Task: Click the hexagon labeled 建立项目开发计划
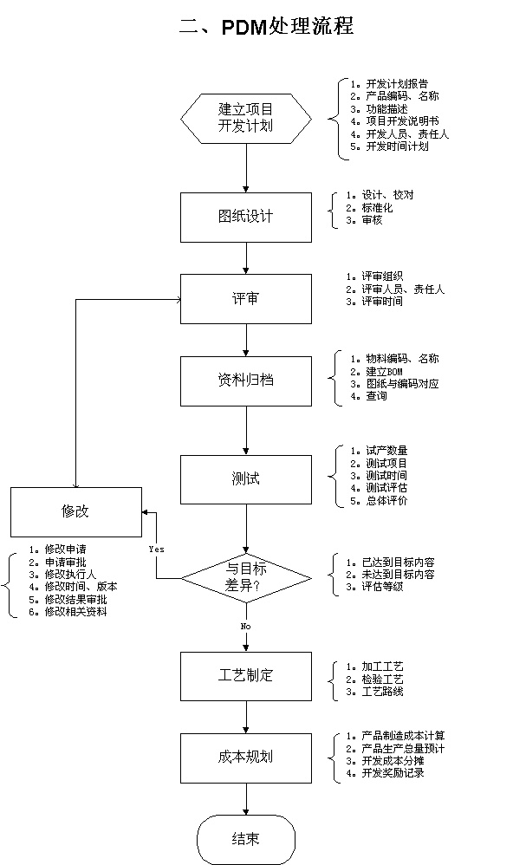(246, 119)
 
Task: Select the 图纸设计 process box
(246, 218)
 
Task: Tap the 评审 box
(246, 299)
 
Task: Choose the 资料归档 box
(246, 381)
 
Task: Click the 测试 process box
(246, 479)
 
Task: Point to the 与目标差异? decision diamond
(246, 578)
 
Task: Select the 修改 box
(76, 512)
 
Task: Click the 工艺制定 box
(246, 676)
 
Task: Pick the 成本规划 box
(246, 758)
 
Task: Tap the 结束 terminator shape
(246, 840)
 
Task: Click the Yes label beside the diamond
(156, 549)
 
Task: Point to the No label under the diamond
(245, 626)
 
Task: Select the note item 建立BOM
(384, 371)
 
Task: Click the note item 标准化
(377, 207)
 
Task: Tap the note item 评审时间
(381, 302)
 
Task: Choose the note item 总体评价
(386, 500)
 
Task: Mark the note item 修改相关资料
(75, 611)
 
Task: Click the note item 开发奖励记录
(393, 772)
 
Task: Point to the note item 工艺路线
(382, 692)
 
